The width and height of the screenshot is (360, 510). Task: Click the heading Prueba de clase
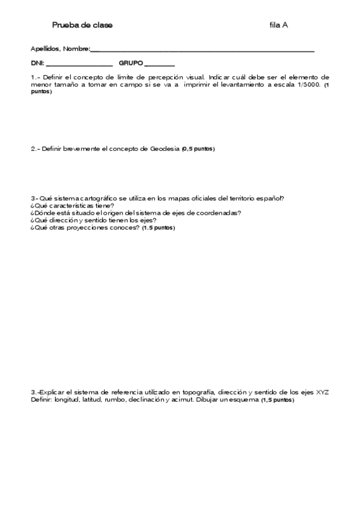82,25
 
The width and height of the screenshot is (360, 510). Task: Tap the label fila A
279,25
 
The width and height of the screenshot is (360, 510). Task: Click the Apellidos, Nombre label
59,49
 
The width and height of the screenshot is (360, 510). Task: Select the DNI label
37,63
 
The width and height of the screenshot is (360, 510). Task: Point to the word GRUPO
130,63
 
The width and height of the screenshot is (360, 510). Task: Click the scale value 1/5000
307,85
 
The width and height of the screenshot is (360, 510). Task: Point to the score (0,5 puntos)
198,149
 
